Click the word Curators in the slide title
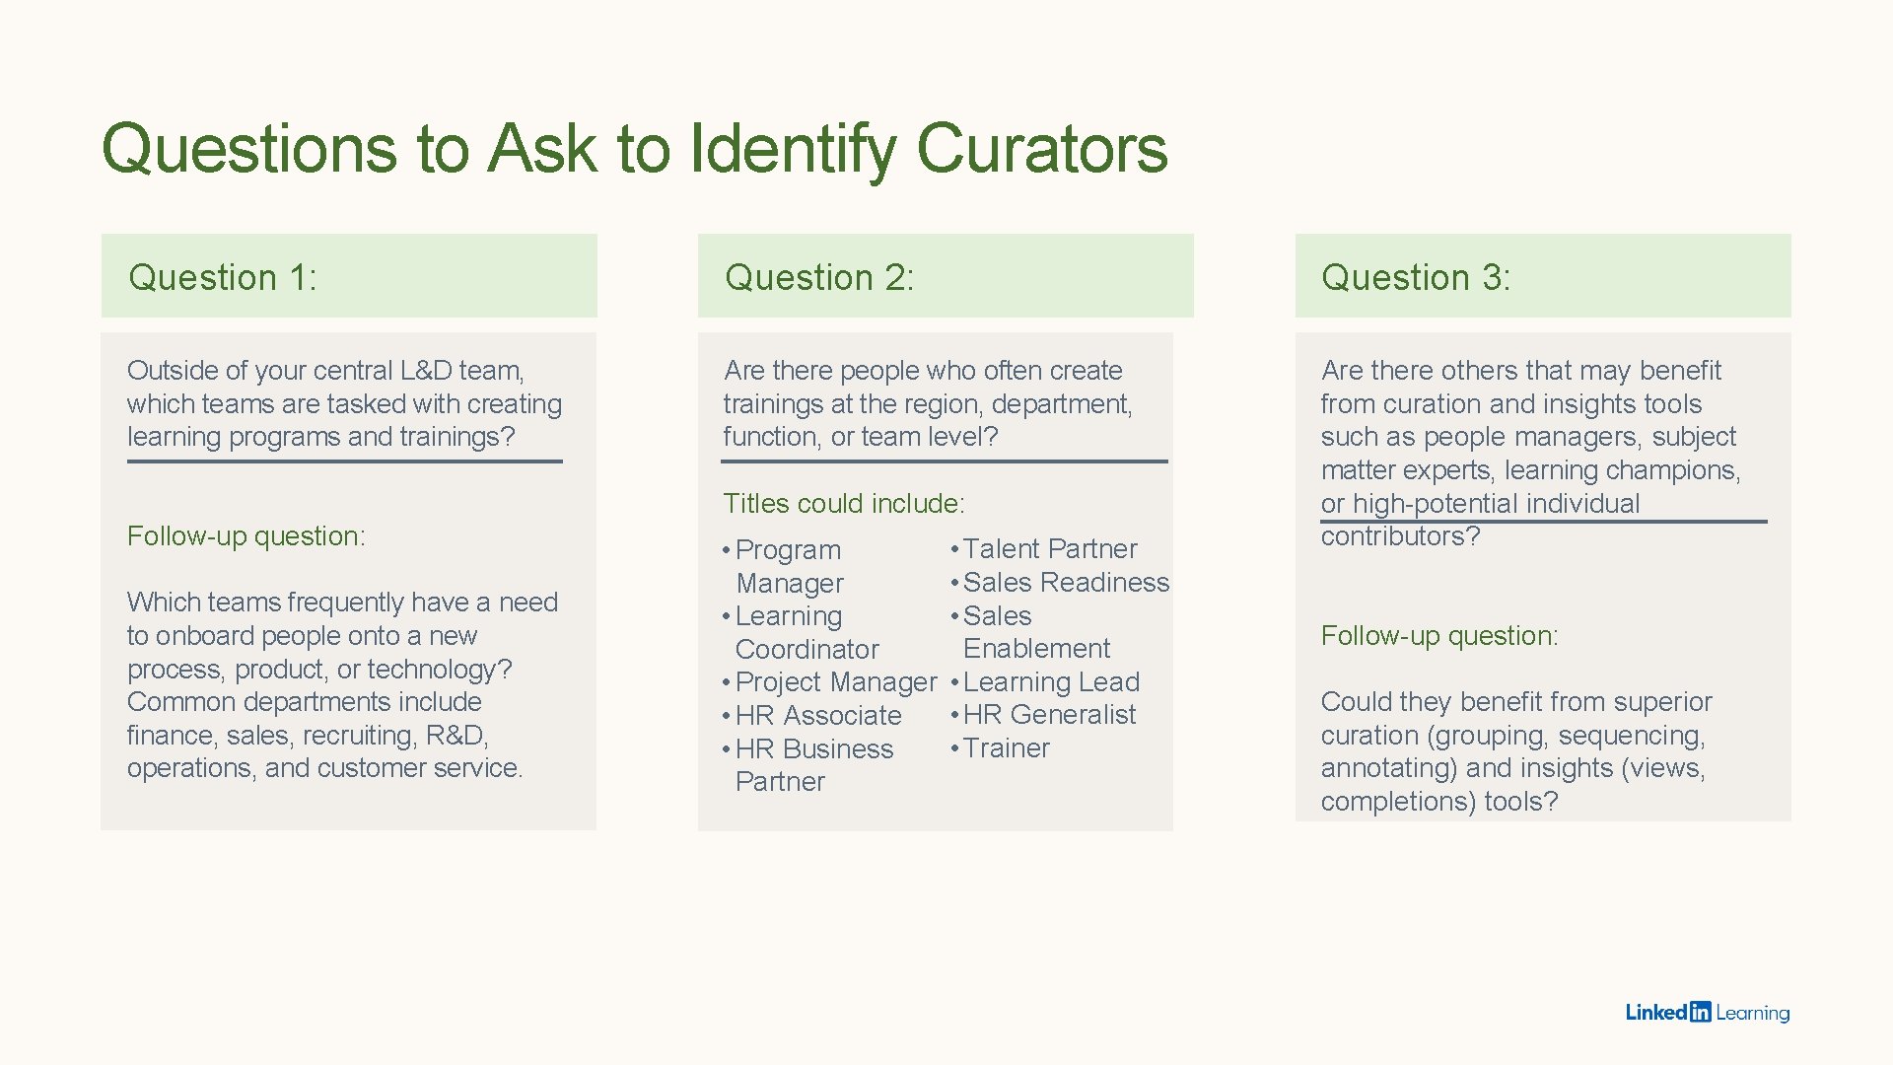(x=1041, y=149)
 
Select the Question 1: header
(x=223, y=278)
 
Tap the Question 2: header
(x=819, y=278)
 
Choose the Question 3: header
(x=1416, y=278)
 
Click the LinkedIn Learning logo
(x=1707, y=1013)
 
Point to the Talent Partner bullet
(x=1049, y=549)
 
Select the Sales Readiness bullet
(x=1065, y=583)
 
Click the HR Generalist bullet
(x=1049, y=715)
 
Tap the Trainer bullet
(x=1006, y=748)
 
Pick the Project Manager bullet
(x=835, y=682)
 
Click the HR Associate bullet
(x=818, y=716)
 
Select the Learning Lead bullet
(x=1051, y=682)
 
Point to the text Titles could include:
(x=844, y=504)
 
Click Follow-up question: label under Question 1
(x=246, y=536)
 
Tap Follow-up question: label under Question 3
(x=1439, y=636)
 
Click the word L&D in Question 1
(x=425, y=371)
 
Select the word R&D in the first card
(x=456, y=736)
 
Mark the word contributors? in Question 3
(x=1400, y=536)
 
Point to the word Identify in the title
(x=793, y=149)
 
